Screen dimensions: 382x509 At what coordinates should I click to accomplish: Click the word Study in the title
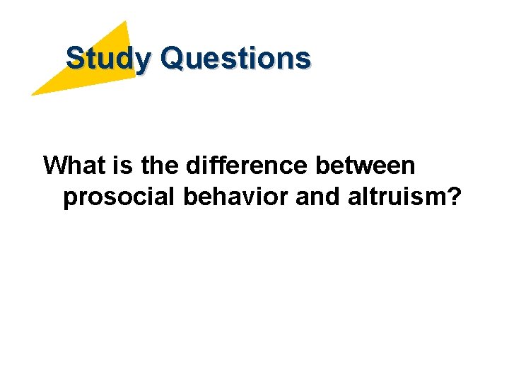coord(107,58)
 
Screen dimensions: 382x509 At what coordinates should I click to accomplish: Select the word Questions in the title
coord(235,58)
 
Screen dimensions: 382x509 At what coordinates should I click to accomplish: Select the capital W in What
coord(56,166)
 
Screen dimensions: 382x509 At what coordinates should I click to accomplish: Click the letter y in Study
coord(143,62)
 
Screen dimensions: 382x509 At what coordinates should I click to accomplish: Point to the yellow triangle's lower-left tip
coord(32,94)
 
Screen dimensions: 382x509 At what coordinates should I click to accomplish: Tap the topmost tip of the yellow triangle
coord(126,21)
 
